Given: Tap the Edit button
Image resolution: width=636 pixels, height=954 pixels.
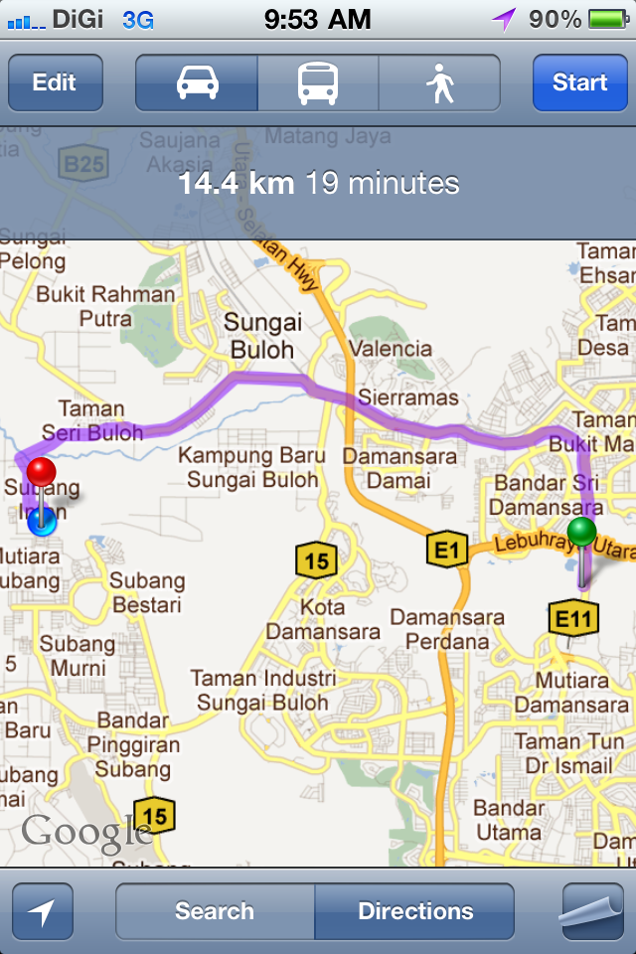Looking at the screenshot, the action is (x=55, y=82).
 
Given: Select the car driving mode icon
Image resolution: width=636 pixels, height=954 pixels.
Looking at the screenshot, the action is (x=197, y=82).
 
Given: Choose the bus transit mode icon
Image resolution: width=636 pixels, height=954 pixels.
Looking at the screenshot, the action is (x=318, y=82).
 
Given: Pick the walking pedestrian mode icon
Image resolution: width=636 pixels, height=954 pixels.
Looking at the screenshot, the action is (x=439, y=83).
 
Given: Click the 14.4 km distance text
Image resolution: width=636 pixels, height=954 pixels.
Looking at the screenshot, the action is (x=237, y=184).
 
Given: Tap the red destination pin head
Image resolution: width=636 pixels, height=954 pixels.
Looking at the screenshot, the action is (x=41, y=471).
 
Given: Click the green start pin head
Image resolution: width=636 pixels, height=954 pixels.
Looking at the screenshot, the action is (x=582, y=532).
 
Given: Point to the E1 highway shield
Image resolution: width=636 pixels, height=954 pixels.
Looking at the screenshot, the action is (x=446, y=548).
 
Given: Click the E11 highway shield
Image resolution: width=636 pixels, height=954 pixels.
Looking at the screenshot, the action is (x=573, y=619).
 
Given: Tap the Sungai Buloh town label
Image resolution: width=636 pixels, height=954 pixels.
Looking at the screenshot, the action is (x=262, y=336).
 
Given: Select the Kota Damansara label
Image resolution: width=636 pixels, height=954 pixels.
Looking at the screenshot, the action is (x=323, y=619).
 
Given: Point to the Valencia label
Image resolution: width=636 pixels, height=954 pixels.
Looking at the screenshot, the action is (x=391, y=349).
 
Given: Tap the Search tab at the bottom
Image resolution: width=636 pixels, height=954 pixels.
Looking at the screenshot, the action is (x=215, y=911).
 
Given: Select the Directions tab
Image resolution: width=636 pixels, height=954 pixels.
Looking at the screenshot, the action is (x=415, y=911).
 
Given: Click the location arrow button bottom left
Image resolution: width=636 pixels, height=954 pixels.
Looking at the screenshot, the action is (x=43, y=911).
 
